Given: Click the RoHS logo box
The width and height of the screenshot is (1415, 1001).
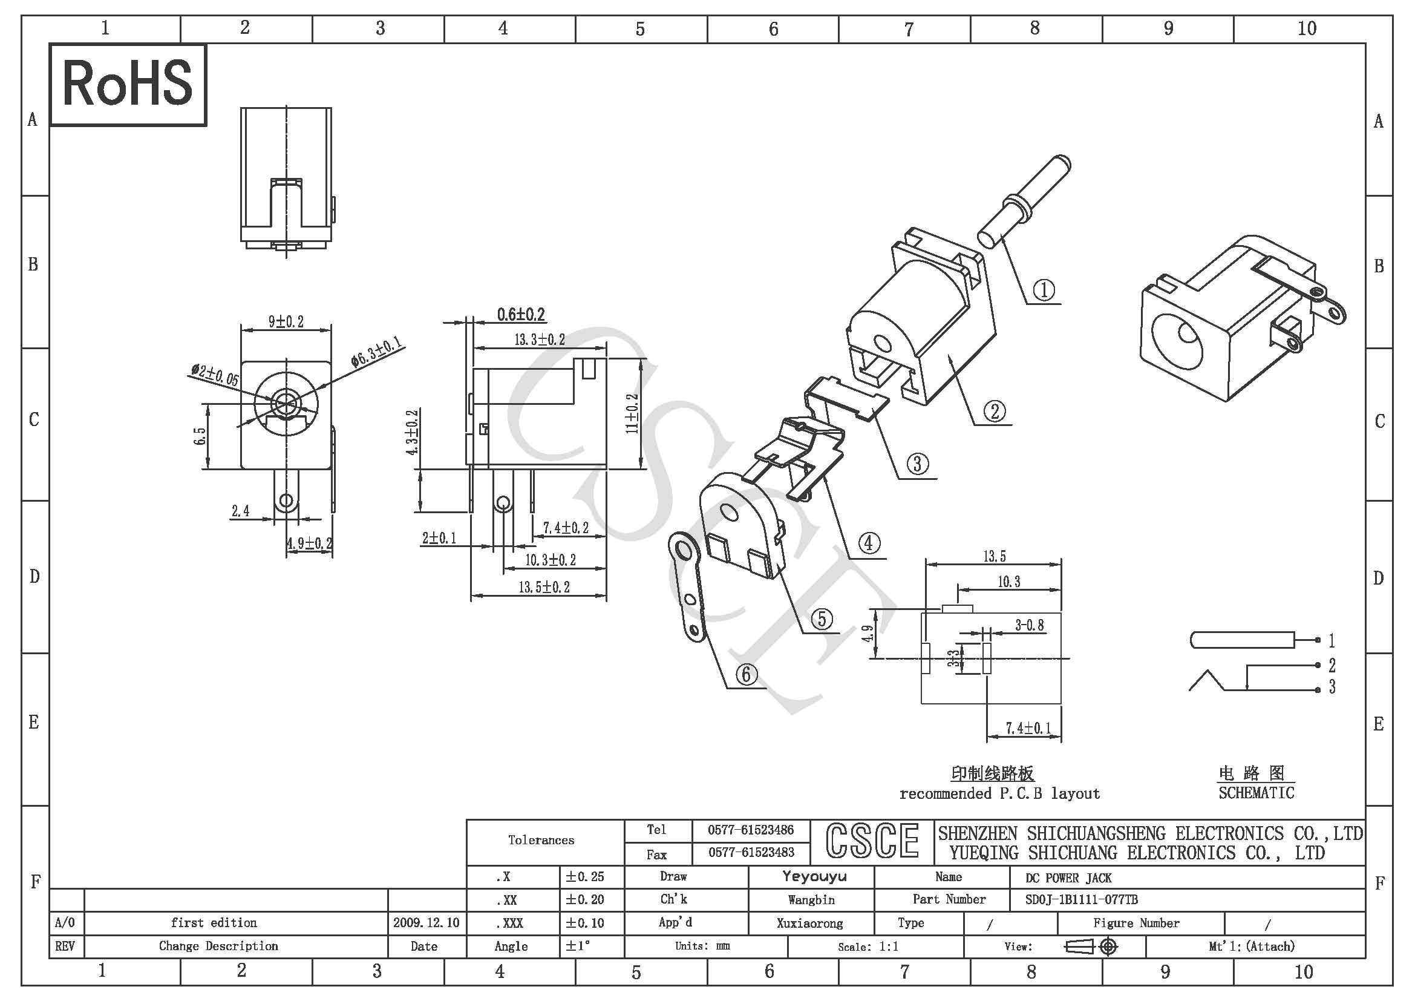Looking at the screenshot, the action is pos(128,85).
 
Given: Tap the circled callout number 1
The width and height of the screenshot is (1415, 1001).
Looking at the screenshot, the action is pos(1044,290).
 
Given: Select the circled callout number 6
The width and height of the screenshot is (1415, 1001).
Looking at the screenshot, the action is pos(747,674).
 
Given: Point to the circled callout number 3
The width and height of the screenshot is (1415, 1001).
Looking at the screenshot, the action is pos(917,464).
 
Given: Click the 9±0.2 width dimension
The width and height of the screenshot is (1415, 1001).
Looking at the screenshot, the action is pos(286,322).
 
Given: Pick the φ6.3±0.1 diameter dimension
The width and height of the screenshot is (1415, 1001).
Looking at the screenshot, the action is pos(376,352).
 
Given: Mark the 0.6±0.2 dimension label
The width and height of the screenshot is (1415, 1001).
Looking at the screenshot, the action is pos(521,315).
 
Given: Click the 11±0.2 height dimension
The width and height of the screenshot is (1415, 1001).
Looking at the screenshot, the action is pos(633,413).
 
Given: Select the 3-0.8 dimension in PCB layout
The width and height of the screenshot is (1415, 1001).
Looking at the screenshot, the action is pos(1030,626).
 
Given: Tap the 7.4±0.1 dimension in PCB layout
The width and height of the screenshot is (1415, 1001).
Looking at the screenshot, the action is pos(1028,728).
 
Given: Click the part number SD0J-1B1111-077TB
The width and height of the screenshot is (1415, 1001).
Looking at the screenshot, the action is pos(1082,900).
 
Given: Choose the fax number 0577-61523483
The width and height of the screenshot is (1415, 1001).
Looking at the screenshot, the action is pos(751,853).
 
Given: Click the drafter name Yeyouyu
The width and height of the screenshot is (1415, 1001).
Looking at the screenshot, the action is pos(814,876).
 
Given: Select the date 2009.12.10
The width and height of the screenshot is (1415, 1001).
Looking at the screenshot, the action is pos(426,923).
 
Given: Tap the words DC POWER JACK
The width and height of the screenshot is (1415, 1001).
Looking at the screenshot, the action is pos(1068,878).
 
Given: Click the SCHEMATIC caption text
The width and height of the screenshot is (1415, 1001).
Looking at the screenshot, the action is pos(1257,793).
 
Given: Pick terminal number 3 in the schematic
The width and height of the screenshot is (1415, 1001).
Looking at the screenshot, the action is pos(1332,687).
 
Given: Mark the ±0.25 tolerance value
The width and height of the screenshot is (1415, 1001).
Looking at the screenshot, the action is pos(585,876).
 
